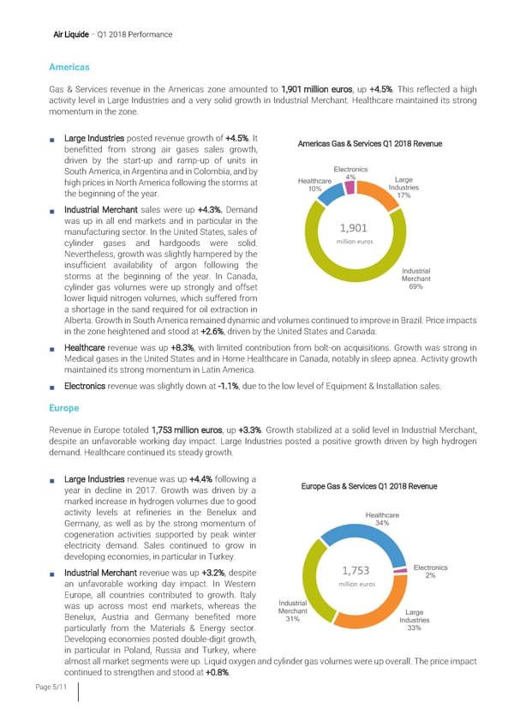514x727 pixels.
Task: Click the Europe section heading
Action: (x=63, y=409)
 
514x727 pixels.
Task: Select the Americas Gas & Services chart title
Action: (x=371, y=143)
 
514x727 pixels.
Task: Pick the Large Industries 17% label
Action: (x=403, y=188)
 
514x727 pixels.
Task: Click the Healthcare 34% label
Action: (x=382, y=520)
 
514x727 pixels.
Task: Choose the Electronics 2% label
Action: (x=429, y=570)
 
